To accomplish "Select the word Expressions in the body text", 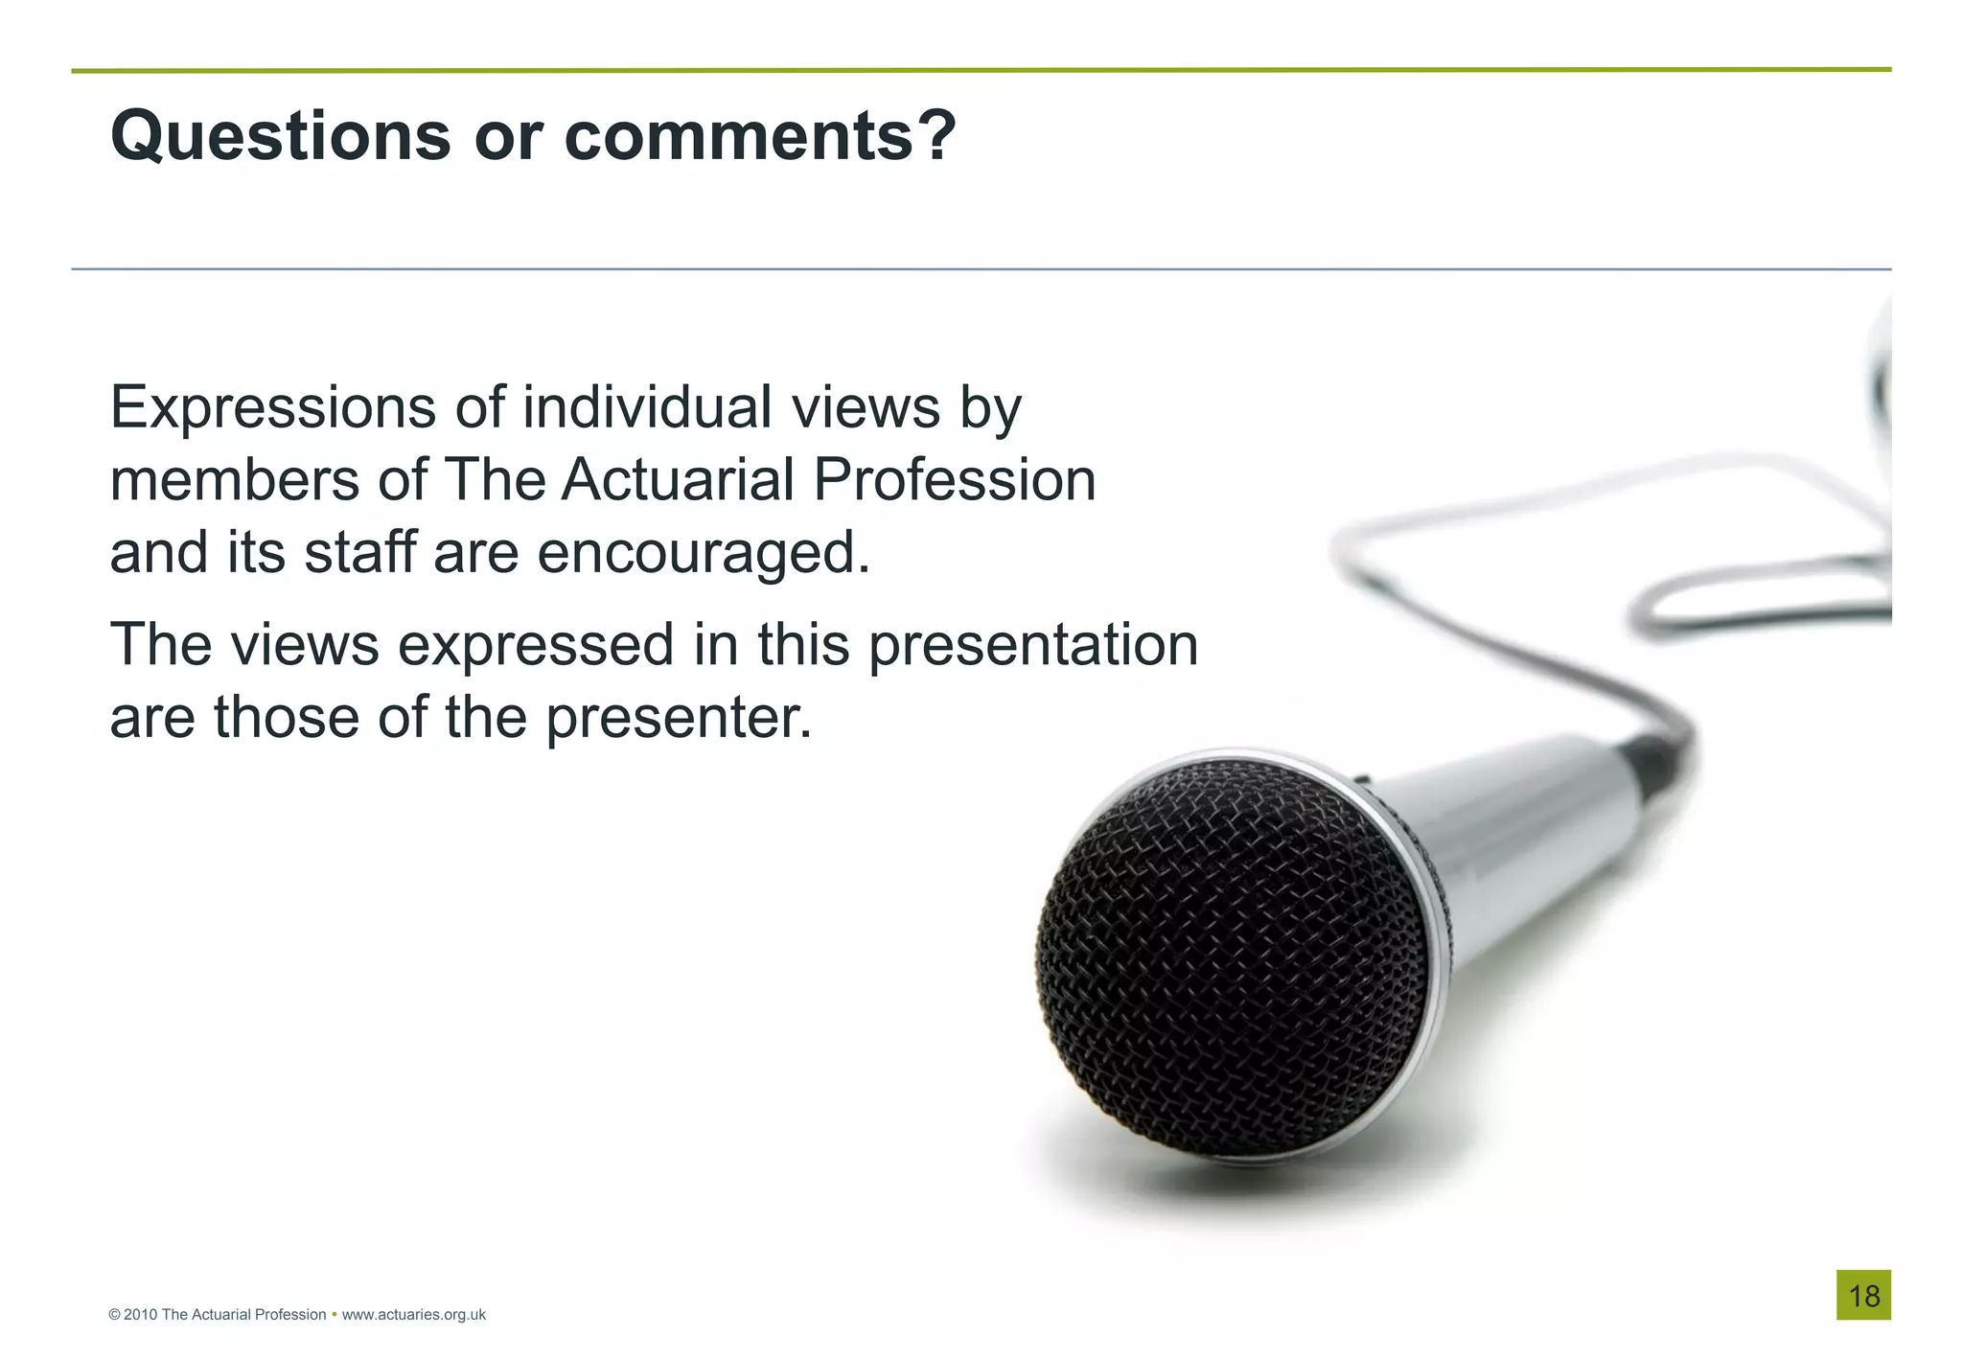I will [273, 408].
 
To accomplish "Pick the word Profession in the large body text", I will [955, 479].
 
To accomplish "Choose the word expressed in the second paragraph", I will [536, 645].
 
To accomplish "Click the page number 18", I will [1863, 1296].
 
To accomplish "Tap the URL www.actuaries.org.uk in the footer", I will [413, 1315].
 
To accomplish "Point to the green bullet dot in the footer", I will [334, 1314].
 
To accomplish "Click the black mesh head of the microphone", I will [1232, 958].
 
